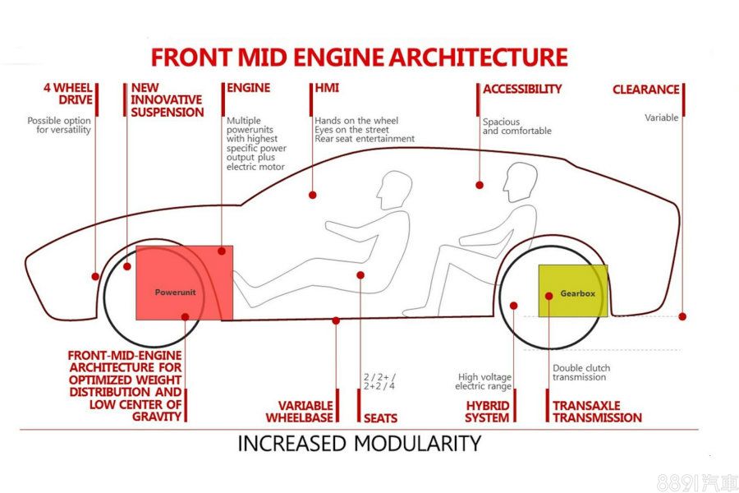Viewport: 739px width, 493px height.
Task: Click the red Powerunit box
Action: [184, 282]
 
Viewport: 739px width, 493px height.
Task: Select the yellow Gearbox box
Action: [573, 291]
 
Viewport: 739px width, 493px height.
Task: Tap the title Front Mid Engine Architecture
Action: [359, 58]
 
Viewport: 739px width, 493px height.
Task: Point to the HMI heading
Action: [327, 88]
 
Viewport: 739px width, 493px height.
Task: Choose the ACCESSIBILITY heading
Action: [522, 89]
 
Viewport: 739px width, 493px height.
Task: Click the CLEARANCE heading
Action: [645, 90]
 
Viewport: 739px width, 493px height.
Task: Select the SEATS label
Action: [380, 417]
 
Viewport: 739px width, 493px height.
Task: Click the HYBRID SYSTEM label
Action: [487, 412]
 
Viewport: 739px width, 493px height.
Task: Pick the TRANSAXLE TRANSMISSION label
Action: [597, 412]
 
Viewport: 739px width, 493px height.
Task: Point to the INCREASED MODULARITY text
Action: [359, 444]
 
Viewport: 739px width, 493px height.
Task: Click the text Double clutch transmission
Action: [581, 373]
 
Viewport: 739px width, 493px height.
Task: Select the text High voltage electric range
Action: [484, 382]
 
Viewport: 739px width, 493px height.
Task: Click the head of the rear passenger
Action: [521, 179]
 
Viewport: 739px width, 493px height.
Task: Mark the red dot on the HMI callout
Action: [313, 195]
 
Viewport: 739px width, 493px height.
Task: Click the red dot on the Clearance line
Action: [682, 316]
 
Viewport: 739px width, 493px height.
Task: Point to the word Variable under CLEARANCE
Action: [661, 117]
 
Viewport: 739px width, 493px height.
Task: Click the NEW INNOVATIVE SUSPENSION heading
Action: [167, 100]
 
